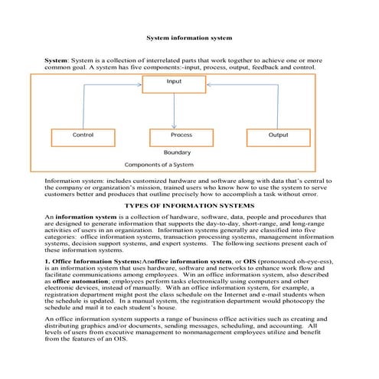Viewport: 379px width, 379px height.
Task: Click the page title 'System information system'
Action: click(188, 37)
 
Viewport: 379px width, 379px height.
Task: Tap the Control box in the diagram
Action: click(83, 136)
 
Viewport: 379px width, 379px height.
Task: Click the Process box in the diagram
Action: click(181, 136)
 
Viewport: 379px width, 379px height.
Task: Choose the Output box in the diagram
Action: click(279, 136)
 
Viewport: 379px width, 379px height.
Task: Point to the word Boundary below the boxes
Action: click(178, 152)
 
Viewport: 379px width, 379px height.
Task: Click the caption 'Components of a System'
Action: click(159, 165)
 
